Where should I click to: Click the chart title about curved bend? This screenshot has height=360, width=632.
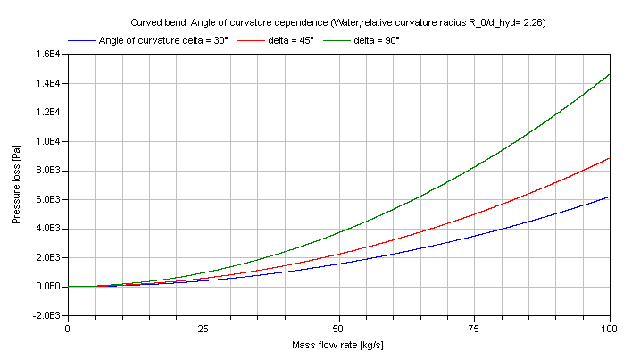[x=332, y=22]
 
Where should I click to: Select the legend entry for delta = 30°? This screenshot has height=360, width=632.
[x=163, y=40]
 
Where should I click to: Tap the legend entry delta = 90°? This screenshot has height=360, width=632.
[x=376, y=40]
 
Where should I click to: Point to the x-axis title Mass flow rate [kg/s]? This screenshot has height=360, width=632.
[x=338, y=345]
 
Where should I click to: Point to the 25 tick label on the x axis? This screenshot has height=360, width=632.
[x=203, y=328]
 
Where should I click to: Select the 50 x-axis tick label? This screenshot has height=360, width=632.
[x=338, y=328]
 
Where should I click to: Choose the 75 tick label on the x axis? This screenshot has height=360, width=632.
[x=474, y=328]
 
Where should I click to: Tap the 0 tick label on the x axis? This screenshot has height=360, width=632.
[x=67, y=328]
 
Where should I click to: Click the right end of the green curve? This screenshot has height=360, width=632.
[x=610, y=74]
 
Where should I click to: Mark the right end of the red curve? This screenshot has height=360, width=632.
[x=610, y=158]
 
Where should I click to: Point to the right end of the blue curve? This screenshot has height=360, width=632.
[x=610, y=197]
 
